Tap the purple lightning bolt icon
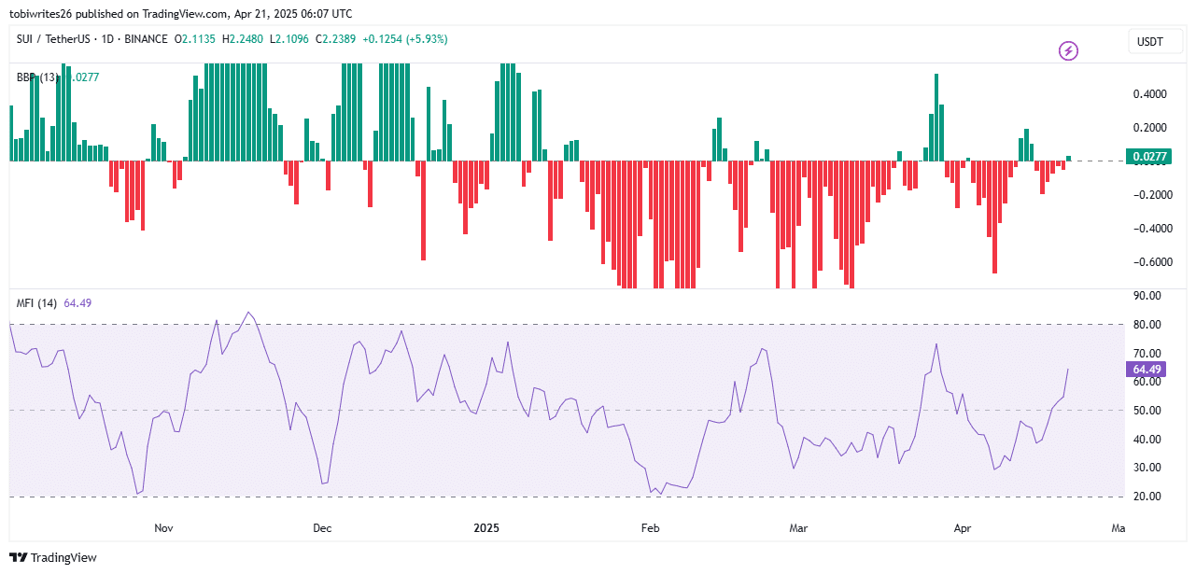(x=1068, y=50)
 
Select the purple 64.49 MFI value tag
(x=1147, y=370)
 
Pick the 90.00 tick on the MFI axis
(x=1147, y=296)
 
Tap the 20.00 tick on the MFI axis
(x=1147, y=497)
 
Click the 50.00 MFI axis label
(x=1147, y=411)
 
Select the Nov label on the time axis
(x=163, y=528)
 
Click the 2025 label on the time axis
(x=486, y=528)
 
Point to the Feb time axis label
(x=650, y=528)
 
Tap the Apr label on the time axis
(x=963, y=528)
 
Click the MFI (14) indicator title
(x=37, y=302)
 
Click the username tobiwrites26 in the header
(x=43, y=13)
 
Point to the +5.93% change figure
(x=425, y=39)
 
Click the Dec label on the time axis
(x=322, y=528)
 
